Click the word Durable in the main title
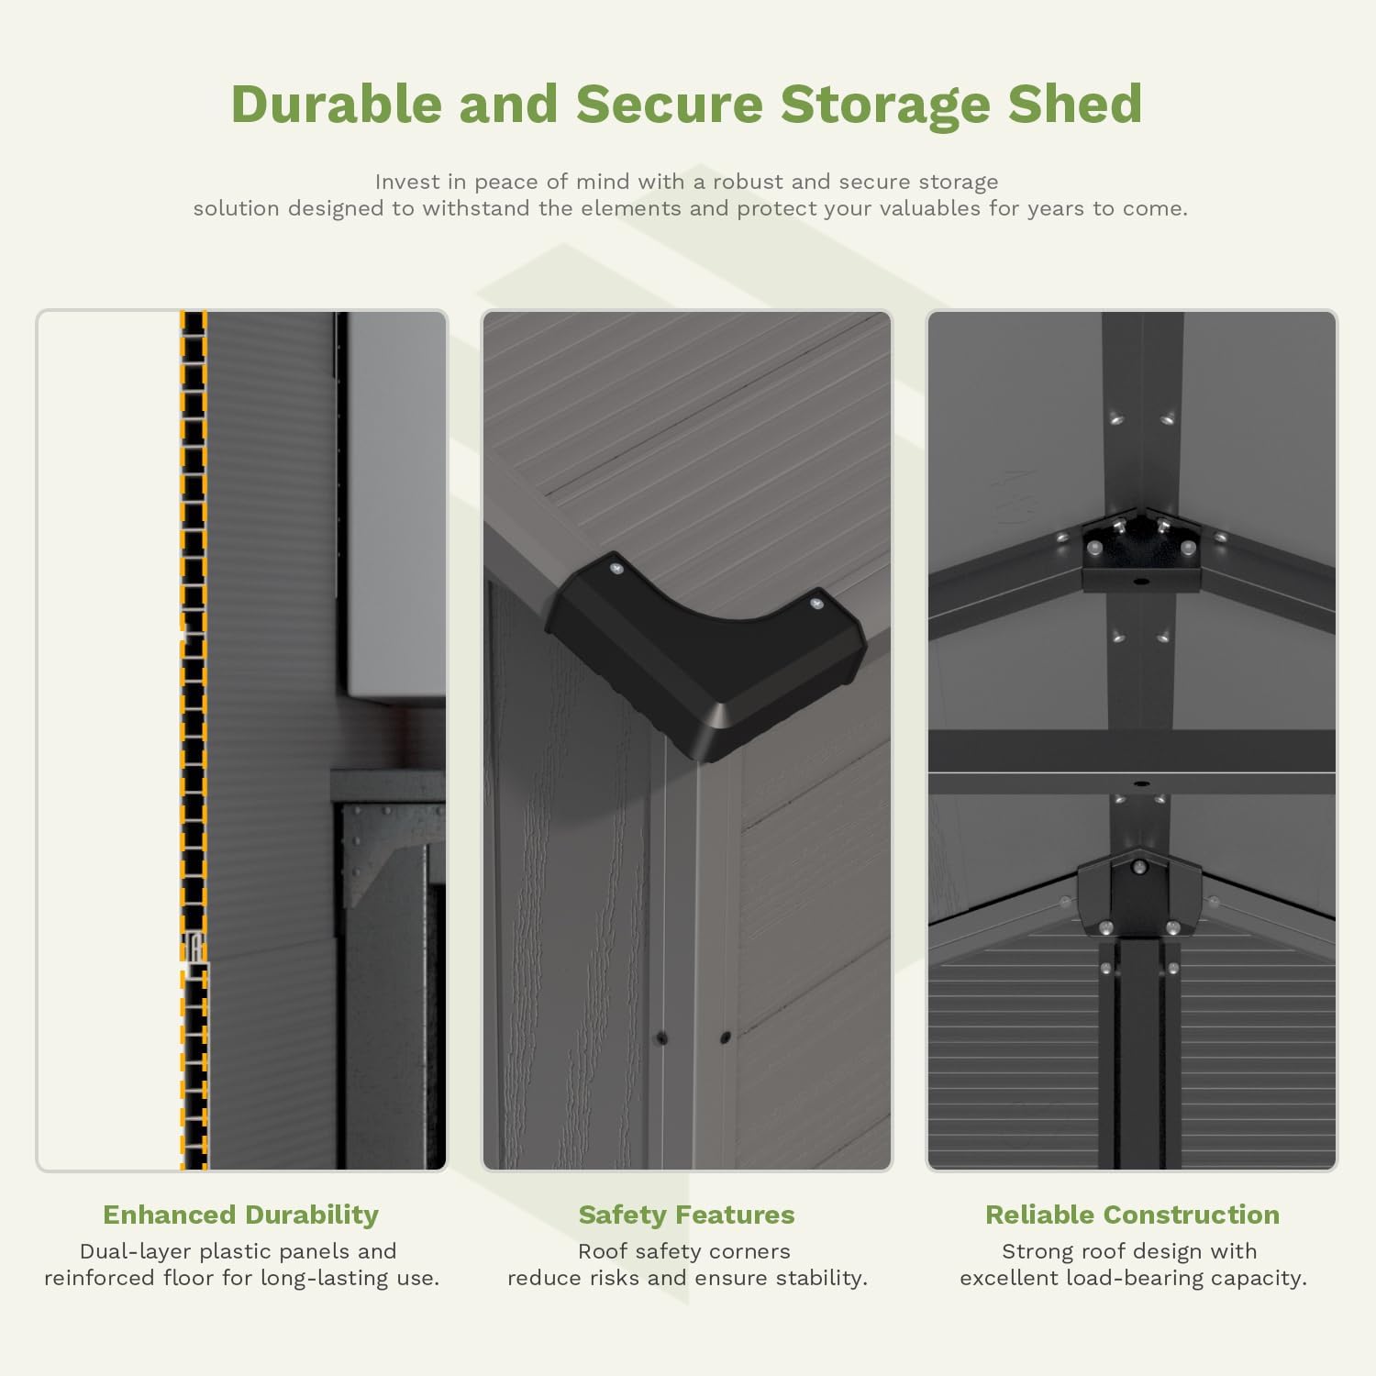pos(336,104)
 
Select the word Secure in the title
pos(669,104)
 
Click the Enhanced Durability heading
pos(240,1215)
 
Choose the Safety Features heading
pos(686,1215)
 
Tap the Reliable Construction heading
pos(1132,1215)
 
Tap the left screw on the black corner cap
pos(616,569)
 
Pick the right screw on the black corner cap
pos(816,604)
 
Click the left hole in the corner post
pos(660,1038)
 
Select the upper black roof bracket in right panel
pos(1140,550)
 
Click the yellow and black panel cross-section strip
pos(194,734)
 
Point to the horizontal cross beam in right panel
pos(1132,752)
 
